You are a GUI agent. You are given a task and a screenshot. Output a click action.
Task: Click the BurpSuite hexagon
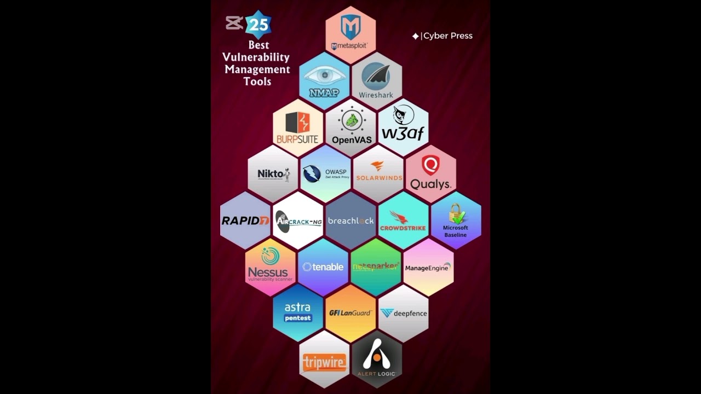298,128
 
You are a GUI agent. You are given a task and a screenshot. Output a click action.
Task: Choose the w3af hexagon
403,128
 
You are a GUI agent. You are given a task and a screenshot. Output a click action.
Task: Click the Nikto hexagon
272,174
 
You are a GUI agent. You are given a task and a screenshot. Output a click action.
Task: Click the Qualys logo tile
430,174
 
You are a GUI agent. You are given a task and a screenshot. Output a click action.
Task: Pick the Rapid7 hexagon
245,221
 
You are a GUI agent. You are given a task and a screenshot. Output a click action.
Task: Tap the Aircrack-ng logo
298,221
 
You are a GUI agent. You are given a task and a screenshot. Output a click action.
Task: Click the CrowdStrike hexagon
403,221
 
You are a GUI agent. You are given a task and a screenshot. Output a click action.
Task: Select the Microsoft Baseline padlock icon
456,213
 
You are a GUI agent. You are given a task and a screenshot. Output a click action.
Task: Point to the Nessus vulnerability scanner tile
270,267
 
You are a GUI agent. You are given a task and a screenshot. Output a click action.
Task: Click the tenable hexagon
323,267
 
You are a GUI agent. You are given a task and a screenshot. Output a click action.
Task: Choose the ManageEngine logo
428,268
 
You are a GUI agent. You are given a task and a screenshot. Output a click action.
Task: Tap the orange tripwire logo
324,362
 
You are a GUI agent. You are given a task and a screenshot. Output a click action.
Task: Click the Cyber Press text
447,36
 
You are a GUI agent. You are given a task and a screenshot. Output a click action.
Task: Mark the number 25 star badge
258,25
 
